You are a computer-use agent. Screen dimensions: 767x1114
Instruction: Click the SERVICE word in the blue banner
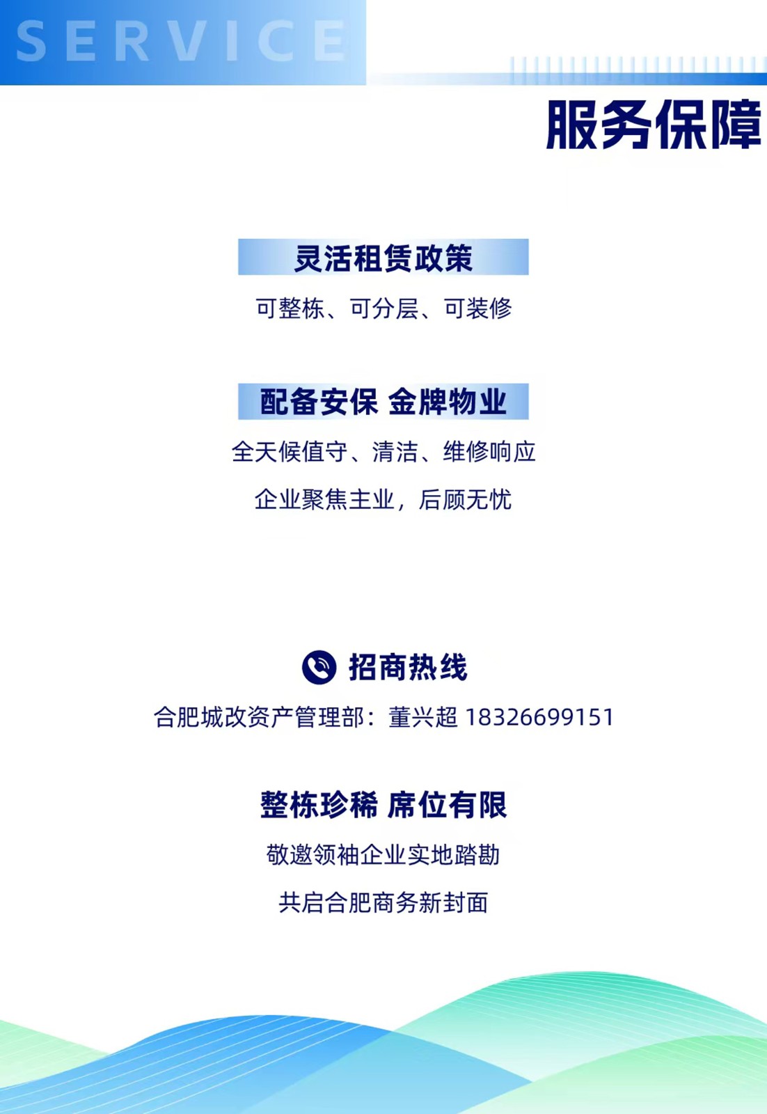[x=181, y=40]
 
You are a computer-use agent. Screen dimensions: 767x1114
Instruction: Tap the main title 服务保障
[x=653, y=125]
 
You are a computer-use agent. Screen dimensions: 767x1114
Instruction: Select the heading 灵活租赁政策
[x=383, y=258]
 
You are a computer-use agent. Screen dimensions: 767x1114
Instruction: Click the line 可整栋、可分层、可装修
[x=383, y=308]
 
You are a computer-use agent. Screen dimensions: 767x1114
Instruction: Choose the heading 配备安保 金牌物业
[x=383, y=402]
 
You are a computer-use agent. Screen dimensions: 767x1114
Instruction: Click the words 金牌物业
[x=448, y=402]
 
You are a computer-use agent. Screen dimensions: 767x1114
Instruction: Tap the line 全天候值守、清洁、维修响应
[x=383, y=452]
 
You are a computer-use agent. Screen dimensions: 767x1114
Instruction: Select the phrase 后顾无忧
[x=465, y=500]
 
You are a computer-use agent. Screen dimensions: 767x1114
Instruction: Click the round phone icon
[x=319, y=668]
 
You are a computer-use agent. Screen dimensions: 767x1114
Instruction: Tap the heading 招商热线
[x=408, y=668]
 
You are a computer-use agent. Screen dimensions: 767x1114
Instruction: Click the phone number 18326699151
[x=539, y=717]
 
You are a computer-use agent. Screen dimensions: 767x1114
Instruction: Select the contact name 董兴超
[x=423, y=717]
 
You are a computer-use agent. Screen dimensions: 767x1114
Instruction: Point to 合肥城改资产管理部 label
[x=258, y=717]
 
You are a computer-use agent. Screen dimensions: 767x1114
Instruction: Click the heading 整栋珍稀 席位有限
[x=383, y=805]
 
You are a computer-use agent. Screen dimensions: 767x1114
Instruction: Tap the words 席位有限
[x=448, y=805]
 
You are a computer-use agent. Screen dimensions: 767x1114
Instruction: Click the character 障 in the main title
[x=735, y=125]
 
